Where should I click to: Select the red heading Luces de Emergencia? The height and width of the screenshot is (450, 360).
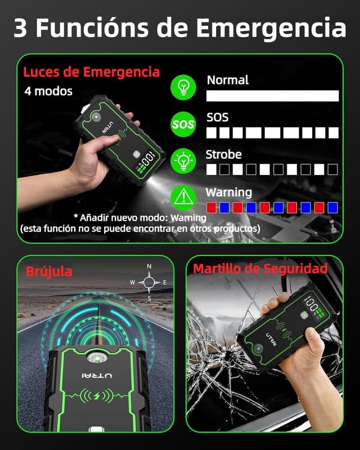tap(91, 72)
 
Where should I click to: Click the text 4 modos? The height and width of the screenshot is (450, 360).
tap(48, 91)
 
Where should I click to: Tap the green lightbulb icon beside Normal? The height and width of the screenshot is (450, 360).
tap(183, 87)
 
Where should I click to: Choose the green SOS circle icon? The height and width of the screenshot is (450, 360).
tap(183, 124)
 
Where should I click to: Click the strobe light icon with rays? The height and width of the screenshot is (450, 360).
tap(183, 160)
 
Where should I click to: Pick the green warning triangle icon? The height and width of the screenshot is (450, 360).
tap(183, 196)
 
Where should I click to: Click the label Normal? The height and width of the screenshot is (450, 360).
tap(227, 80)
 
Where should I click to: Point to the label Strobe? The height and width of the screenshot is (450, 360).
tap(223, 154)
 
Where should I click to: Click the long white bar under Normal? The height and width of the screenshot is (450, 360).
tap(272, 96)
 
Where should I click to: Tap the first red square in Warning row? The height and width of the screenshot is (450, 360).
tap(211, 207)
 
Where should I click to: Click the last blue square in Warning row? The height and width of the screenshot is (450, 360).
tap(332, 207)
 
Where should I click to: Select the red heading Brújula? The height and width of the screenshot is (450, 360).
tap(49, 272)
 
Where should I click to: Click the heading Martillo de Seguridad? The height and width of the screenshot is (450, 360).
tap(260, 269)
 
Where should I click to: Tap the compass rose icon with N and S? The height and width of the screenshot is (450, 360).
tap(149, 282)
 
